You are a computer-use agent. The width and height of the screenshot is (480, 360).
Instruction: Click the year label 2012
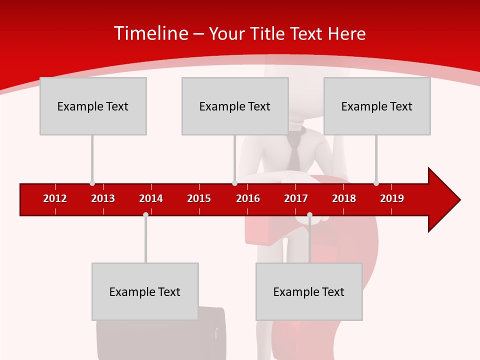coord(55,198)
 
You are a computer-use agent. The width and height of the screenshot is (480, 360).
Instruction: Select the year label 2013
coord(103,198)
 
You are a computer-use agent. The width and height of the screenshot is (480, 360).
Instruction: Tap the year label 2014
coord(151,198)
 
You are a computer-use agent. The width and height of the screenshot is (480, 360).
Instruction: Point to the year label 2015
coord(199,198)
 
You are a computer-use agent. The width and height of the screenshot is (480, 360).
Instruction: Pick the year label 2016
coord(248,198)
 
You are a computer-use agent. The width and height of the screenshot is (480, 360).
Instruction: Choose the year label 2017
coord(296,198)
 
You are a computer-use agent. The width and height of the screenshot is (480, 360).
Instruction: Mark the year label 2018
coord(344,198)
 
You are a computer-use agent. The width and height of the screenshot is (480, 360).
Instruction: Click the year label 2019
coord(392,198)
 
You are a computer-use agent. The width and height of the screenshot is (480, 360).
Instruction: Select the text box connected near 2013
coord(93,106)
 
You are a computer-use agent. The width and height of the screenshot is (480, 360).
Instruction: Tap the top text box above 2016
coord(235,106)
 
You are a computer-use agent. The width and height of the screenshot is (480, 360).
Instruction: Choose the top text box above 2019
coord(377,106)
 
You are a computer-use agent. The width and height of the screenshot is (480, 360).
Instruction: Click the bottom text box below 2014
coord(145,291)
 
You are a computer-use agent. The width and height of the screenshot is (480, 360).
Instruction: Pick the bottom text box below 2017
coord(309,291)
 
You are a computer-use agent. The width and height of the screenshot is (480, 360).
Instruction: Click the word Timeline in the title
coord(151,33)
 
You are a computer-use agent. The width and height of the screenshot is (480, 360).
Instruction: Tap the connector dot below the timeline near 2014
coord(145,214)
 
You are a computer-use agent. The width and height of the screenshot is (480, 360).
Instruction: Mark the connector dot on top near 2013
coord(92,183)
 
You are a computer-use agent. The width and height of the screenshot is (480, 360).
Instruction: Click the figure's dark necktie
coord(295,152)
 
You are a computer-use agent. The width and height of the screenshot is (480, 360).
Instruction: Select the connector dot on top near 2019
coord(376,183)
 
